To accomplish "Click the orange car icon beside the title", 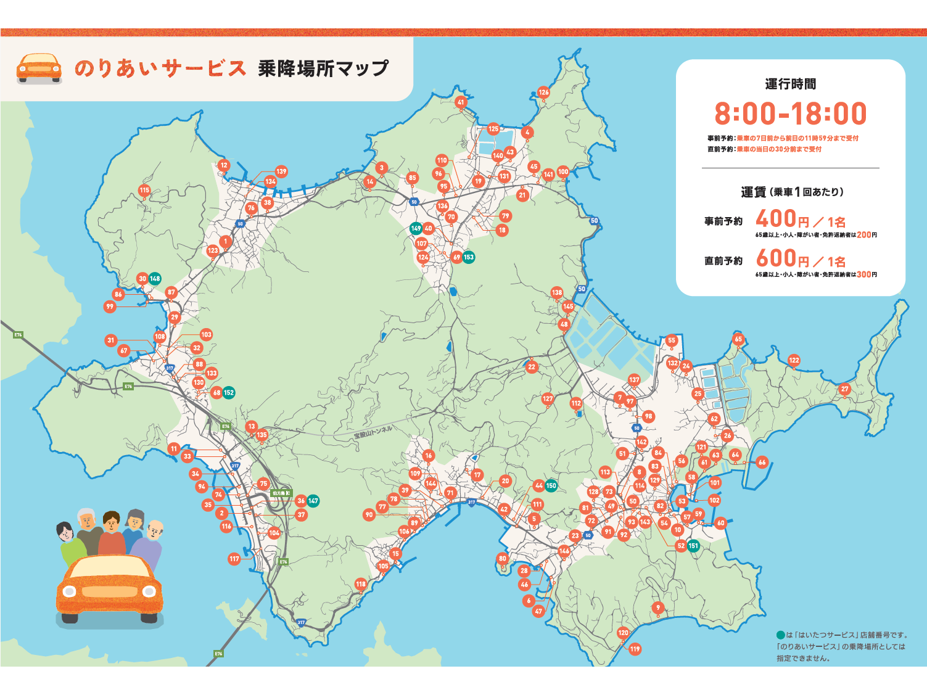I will pyautogui.click(x=39, y=68).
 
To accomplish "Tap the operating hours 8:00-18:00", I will pyautogui.click(x=790, y=114).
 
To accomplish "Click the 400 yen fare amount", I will pyautogui.click(x=776, y=219).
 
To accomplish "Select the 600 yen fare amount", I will pyautogui.click(x=776, y=258).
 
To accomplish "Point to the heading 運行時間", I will pyautogui.click(x=790, y=84).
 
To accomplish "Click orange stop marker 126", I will pyautogui.click(x=543, y=93).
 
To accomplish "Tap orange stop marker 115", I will pyautogui.click(x=144, y=191).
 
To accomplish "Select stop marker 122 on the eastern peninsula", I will pyautogui.click(x=794, y=360).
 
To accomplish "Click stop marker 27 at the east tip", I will pyautogui.click(x=845, y=389).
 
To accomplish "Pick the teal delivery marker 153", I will pyautogui.click(x=469, y=257).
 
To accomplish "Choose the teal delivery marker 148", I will pyautogui.click(x=155, y=279).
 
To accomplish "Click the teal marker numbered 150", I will pyautogui.click(x=551, y=485).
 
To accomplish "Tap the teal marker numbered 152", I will pyautogui.click(x=229, y=393).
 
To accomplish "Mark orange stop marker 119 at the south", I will pyautogui.click(x=635, y=649).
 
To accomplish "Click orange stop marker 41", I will pyautogui.click(x=461, y=102).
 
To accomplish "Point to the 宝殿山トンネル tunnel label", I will pyautogui.click(x=373, y=432).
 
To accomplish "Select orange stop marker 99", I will pyautogui.click(x=110, y=306).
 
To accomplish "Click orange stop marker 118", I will pyautogui.click(x=361, y=584).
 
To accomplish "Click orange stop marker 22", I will pyautogui.click(x=532, y=366).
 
